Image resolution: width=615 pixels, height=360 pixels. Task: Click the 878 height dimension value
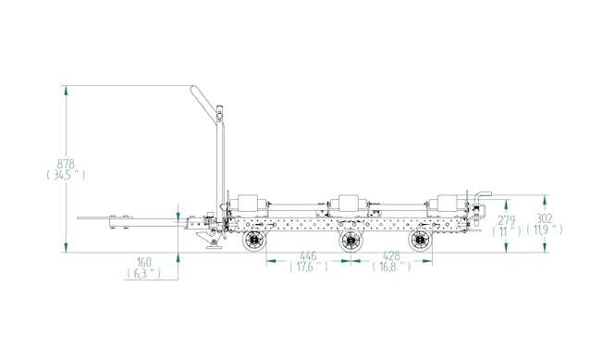(66, 163)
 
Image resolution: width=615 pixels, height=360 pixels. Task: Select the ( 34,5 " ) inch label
(66, 175)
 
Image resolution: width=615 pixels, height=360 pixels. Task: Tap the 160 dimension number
(144, 262)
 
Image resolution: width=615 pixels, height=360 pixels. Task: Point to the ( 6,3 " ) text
(144, 274)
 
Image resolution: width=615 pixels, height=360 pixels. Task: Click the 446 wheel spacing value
(308, 256)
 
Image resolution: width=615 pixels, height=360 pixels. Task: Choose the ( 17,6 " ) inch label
(309, 267)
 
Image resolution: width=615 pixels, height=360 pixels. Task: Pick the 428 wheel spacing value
(391, 256)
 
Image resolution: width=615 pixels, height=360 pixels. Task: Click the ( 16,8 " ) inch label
(391, 267)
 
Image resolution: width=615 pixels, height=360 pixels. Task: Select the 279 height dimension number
(507, 220)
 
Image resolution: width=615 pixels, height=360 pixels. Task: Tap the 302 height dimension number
(545, 218)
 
